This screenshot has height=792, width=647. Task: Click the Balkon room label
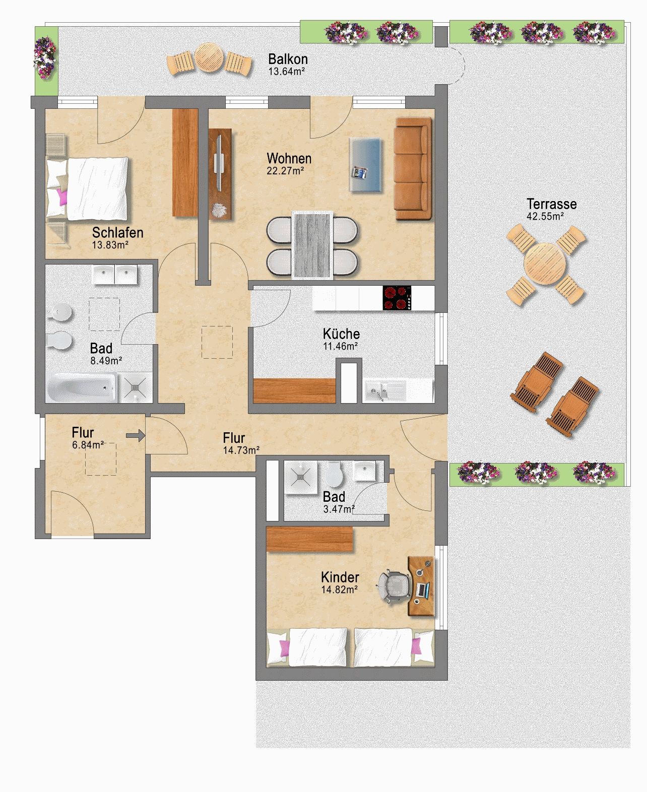click(x=288, y=59)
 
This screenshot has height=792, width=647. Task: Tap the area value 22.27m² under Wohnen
click(x=285, y=170)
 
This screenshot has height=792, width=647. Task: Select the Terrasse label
click(x=552, y=204)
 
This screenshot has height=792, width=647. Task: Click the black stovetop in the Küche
click(x=397, y=298)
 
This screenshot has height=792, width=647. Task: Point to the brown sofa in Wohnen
click(x=413, y=168)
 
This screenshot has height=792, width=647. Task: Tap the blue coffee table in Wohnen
click(x=365, y=165)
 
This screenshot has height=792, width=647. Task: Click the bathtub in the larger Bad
click(x=81, y=387)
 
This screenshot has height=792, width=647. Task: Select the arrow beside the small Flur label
click(x=136, y=435)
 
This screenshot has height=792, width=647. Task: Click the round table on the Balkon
click(x=209, y=57)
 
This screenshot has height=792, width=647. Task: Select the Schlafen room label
click(x=118, y=232)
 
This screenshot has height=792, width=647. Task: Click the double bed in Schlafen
click(x=88, y=188)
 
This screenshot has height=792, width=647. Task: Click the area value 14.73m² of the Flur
click(x=241, y=450)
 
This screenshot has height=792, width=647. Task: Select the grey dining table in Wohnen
click(x=312, y=245)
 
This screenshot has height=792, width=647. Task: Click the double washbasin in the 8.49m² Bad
click(x=115, y=275)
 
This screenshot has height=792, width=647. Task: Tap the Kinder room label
click(x=340, y=577)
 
